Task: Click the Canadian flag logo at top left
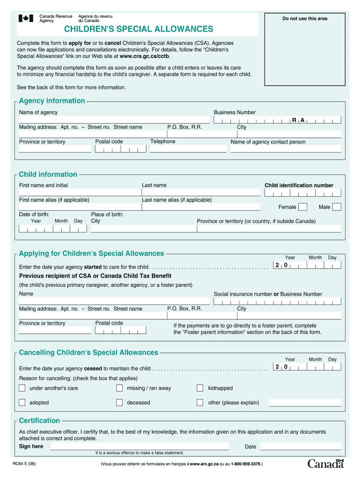26,19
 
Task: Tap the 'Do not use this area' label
304,19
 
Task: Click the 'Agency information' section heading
52,101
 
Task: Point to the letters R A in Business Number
298,120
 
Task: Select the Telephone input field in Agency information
188,149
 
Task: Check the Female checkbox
303,207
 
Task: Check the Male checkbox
337,207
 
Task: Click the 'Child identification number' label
299,185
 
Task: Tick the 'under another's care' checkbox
22,388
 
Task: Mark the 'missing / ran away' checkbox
119,388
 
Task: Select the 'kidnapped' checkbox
200,388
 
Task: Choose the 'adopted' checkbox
22,402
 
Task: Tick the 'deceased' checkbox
119,402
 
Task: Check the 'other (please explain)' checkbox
200,402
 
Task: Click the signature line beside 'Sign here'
139,447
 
